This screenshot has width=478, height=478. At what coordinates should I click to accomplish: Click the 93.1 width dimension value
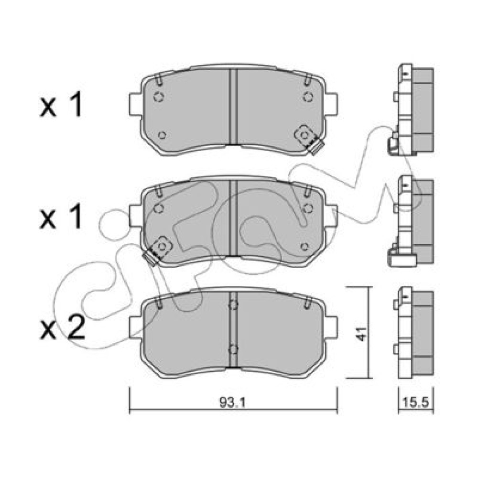tap(232, 402)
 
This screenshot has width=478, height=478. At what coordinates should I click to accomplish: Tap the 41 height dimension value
tap(362, 334)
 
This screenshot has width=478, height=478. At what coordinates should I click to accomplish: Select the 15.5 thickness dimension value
tap(416, 402)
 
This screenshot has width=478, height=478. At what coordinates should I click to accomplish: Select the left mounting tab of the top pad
tap(135, 104)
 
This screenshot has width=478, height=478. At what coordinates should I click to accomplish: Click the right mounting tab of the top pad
tap(331, 104)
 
